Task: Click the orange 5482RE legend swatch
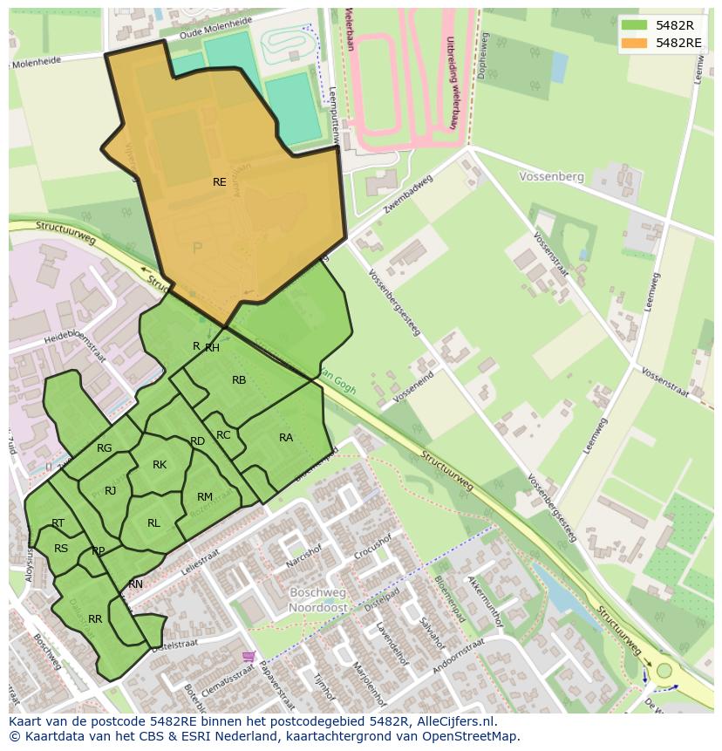point(635,43)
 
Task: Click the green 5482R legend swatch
point(635,25)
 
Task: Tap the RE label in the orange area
point(220,182)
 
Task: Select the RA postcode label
point(286,438)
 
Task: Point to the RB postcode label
point(239,380)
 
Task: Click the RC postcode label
point(223,435)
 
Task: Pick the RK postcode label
point(160,465)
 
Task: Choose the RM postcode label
point(205,497)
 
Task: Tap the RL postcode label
point(153,523)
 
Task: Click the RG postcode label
point(105,448)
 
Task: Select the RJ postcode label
point(111,491)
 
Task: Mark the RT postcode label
point(58,523)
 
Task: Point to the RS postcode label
point(61,549)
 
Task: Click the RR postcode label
point(95,619)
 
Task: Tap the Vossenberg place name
point(551,176)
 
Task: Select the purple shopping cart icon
point(249,656)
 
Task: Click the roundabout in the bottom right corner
point(665,671)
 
